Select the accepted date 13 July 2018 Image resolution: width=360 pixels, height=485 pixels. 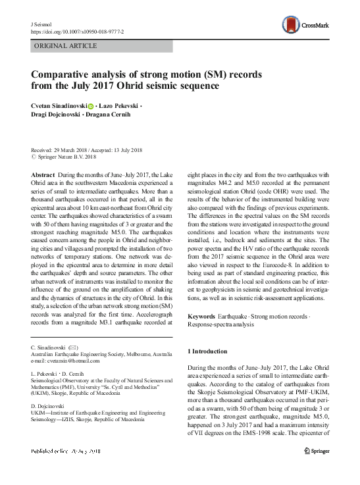point(121,150)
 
